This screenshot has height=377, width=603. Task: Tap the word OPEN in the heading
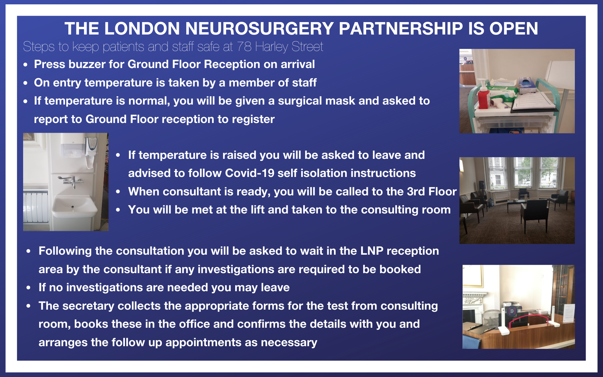point(514,28)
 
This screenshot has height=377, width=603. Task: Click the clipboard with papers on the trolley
point(533,102)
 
